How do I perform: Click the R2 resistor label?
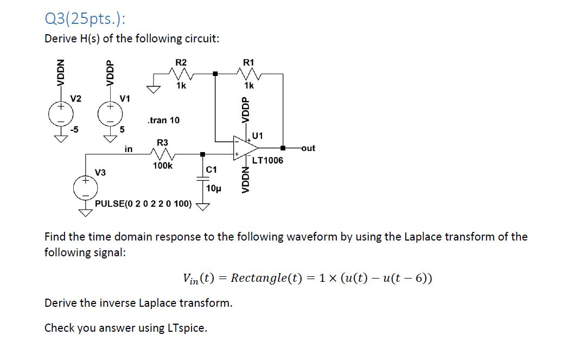pyautogui.click(x=181, y=62)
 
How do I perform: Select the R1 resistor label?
pyautogui.click(x=248, y=62)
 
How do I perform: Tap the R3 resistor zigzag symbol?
pyautogui.click(x=163, y=155)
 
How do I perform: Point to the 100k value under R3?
pyautogui.click(x=163, y=166)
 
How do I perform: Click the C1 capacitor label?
pyautogui.click(x=212, y=170)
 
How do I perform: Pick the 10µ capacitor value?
pyautogui.click(x=214, y=189)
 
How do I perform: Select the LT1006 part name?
pyautogui.click(x=267, y=160)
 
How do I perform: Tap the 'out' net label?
pyautogui.click(x=307, y=148)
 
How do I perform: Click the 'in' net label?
pyautogui.click(x=129, y=148)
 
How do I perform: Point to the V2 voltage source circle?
pyautogui.click(x=60, y=113)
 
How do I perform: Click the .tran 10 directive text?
pyautogui.click(x=163, y=119)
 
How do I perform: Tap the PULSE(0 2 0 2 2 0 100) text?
pyautogui.click(x=143, y=204)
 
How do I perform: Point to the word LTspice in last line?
pyautogui.click(x=186, y=328)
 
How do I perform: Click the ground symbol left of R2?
pyautogui.click(x=155, y=90)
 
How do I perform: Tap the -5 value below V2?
pyautogui.click(x=75, y=129)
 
